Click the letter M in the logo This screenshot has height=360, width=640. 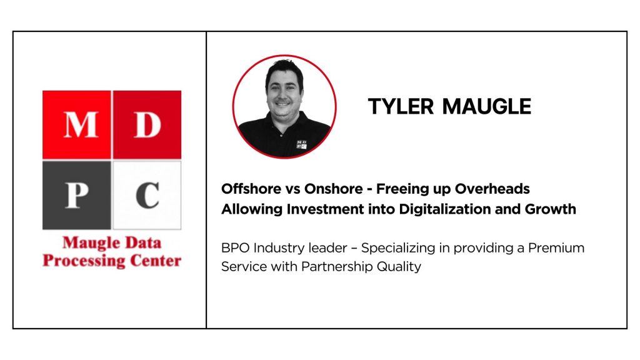point(81,124)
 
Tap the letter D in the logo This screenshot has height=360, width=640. point(147,124)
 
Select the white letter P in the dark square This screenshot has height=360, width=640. point(76,195)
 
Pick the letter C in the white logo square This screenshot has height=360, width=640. point(147,195)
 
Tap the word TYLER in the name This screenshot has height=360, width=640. point(401,106)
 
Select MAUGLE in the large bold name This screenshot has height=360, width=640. point(486,106)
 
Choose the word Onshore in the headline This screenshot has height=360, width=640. point(334,189)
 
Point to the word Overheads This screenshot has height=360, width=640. point(492,189)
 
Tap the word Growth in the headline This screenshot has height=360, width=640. point(550,209)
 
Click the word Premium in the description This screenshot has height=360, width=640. point(556,247)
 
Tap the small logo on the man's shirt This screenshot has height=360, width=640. point(301,144)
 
